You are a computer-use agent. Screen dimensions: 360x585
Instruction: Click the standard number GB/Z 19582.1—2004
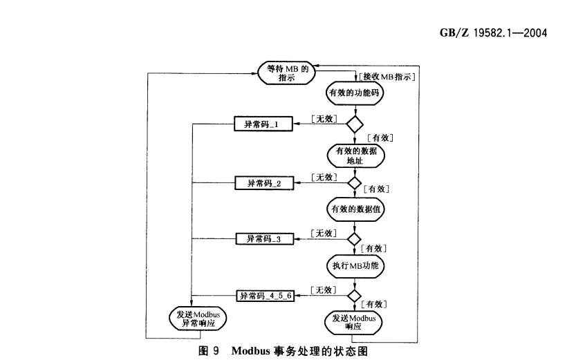tap(492, 32)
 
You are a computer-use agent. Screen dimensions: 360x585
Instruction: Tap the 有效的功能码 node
tap(355, 93)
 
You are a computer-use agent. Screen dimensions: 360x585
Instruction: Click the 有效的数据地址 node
tap(355, 156)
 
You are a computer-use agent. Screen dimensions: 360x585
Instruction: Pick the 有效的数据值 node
tap(355, 208)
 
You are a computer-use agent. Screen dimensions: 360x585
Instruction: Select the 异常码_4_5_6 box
tap(266, 295)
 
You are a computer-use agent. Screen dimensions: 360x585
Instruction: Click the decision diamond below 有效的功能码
tap(355, 125)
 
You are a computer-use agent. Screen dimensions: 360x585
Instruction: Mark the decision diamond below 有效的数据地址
tap(354, 183)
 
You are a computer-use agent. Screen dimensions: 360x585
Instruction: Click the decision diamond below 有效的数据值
tap(354, 239)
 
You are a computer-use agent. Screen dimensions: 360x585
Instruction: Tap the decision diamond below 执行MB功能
tap(354, 295)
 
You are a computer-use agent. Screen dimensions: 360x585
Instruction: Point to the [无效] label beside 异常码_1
tap(323, 119)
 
